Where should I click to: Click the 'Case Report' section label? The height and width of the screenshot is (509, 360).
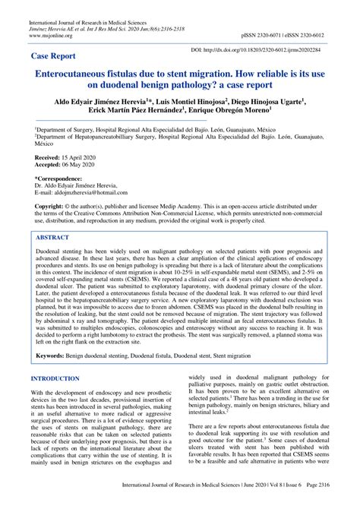55,56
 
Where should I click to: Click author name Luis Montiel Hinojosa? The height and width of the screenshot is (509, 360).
215,101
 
